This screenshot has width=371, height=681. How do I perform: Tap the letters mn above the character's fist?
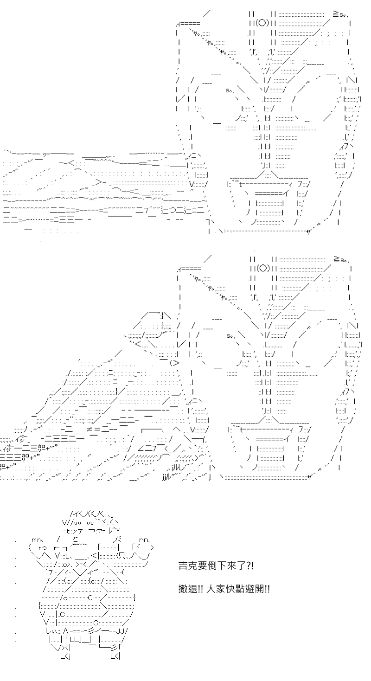pos(37,540)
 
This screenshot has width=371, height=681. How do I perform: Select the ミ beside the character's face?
pos(119,540)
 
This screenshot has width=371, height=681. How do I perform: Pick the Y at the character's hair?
pos(119,531)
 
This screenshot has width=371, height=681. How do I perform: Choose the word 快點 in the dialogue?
pos(235,589)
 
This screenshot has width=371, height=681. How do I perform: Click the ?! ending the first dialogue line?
pos(249,566)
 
